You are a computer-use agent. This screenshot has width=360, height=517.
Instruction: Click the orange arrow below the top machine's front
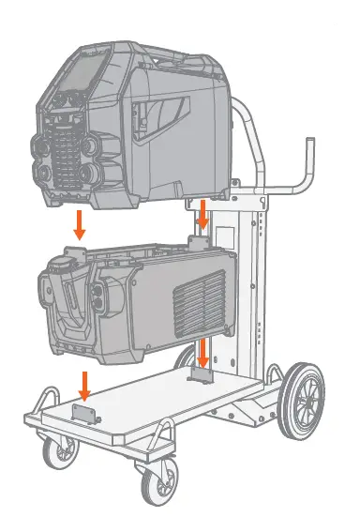(x=81, y=223)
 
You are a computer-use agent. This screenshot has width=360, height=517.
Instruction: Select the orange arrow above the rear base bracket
(x=203, y=354)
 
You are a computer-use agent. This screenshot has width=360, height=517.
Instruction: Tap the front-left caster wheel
(x=62, y=455)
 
